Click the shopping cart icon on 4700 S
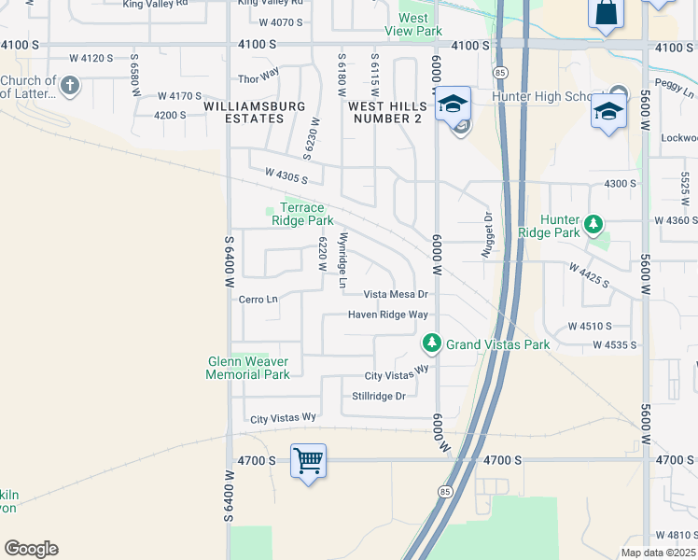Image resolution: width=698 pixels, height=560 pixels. (x=308, y=460)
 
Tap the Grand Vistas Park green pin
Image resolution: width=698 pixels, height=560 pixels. (x=431, y=343)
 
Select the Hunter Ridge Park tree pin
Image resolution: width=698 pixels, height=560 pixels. (x=593, y=225)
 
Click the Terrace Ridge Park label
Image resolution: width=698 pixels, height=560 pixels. (x=302, y=214)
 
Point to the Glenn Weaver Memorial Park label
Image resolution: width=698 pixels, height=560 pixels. (x=247, y=368)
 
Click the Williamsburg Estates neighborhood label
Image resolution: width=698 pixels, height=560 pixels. (x=256, y=112)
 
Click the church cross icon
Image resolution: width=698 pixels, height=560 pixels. (x=69, y=87)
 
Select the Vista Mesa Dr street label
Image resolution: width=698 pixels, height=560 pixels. (x=396, y=294)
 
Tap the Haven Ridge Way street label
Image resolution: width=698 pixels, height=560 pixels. (x=388, y=315)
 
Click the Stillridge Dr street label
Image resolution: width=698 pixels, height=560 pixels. (x=379, y=396)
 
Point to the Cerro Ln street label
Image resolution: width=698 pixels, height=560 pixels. (x=258, y=300)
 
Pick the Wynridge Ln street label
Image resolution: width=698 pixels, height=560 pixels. (x=343, y=259)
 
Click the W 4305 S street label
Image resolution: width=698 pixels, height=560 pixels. (x=286, y=175)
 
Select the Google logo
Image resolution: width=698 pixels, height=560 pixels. (x=31, y=549)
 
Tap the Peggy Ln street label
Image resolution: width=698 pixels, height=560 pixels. (x=676, y=94)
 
